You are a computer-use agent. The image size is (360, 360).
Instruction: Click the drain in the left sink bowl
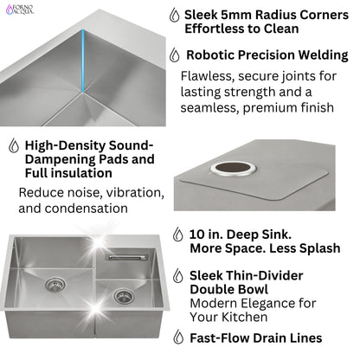(x=55, y=285)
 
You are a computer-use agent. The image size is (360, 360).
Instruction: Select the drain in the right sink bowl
(x=123, y=296)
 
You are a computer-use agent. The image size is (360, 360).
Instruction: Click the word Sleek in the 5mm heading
(x=206, y=15)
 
